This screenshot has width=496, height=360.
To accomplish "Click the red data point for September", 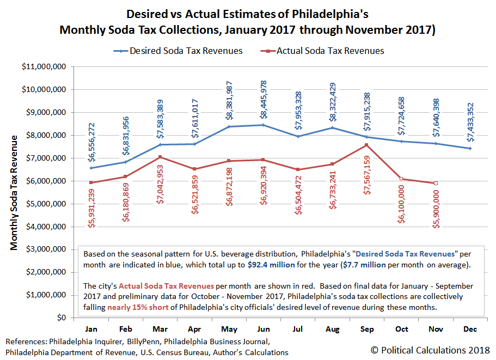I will (x=366, y=145).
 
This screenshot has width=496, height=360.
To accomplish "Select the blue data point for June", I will (x=263, y=125).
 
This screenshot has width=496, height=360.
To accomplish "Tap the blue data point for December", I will (x=469, y=148).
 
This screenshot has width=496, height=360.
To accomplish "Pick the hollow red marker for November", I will (x=435, y=183).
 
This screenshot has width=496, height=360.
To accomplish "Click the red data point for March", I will (x=160, y=157).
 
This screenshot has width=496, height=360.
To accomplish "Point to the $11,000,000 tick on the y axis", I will (x=53, y=66).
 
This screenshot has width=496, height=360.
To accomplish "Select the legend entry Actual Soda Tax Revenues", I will (x=330, y=51).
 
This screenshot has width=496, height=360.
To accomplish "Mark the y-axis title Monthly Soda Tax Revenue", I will (x=15, y=192).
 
